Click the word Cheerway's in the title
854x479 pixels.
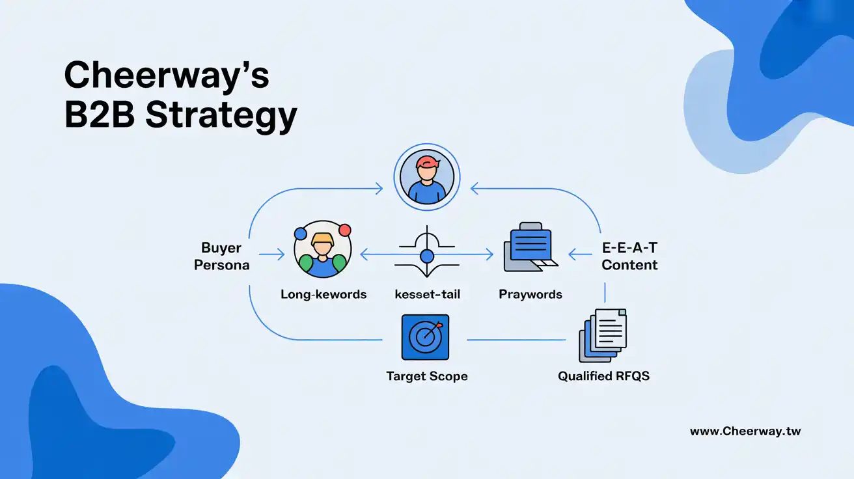[167, 75]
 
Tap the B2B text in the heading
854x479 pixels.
[100, 115]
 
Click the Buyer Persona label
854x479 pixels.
[221, 256]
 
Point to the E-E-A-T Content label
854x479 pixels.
[629, 256]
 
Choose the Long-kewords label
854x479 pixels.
[324, 294]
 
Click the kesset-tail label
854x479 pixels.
[427, 294]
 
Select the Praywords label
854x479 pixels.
[530, 294]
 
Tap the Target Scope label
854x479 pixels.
[426, 376]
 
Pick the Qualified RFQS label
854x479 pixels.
[603, 376]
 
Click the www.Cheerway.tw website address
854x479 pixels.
[745, 431]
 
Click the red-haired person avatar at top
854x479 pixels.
[427, 177]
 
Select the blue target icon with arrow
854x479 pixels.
[425, 337]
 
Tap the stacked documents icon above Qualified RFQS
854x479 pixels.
[603, 335]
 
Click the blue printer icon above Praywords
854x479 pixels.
[530, 247]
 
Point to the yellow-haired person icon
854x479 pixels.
[323, 249]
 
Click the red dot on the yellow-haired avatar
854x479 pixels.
[344, 230]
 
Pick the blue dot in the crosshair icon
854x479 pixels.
[427, 256]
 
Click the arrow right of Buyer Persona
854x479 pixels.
[272, 254]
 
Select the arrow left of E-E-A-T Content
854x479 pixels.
[580, 254]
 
